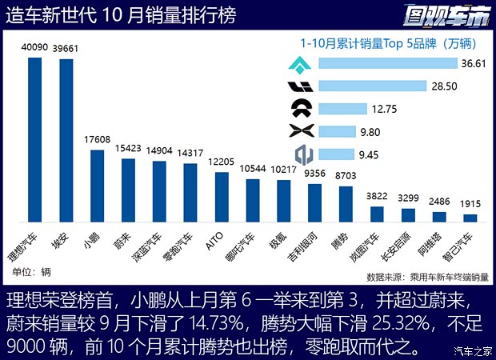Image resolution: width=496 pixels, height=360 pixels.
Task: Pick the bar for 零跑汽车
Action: click(x=190, y=193)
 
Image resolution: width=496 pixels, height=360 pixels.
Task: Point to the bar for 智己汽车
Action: click(x=470, y=218)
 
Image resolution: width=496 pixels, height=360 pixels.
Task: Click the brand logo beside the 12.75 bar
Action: click(x=301, y=107)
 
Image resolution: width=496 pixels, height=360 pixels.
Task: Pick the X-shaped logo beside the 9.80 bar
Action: click(x=301, y=130)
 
